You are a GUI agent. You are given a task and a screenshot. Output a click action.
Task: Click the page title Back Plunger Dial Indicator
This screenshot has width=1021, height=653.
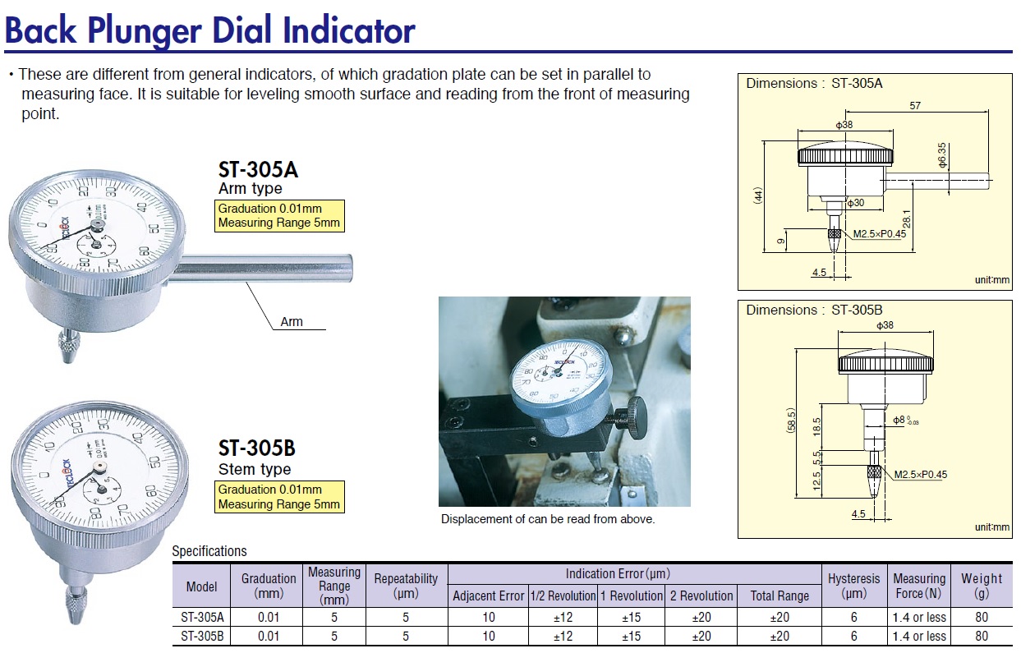tap(210, 30)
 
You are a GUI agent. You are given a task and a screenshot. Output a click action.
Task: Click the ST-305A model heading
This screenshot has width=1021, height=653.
tap(257, 170)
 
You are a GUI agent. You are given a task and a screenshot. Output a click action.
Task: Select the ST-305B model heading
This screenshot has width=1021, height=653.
tap(256, 448)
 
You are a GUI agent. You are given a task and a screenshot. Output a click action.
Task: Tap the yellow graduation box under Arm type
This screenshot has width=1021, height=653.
tap(279, 216)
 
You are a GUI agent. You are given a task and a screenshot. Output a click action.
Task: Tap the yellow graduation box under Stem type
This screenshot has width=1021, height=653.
tap(279, 497)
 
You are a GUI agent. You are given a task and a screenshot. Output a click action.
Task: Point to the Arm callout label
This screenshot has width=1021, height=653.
tap(292, 322)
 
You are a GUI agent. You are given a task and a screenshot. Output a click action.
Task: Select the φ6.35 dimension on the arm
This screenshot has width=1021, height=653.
tap(943, 155)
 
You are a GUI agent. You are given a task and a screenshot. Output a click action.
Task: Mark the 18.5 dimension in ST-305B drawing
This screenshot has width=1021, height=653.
tap(816, 427)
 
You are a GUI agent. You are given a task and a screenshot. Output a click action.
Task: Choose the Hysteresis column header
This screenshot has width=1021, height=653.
tap(853, 586)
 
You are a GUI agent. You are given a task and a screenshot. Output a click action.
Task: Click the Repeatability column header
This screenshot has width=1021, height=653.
tap(406, 586)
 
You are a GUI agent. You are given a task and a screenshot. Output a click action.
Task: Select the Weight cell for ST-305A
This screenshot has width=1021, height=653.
tap(981, 617)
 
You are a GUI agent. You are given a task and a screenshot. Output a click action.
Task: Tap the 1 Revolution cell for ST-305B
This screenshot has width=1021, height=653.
tap(631, 636)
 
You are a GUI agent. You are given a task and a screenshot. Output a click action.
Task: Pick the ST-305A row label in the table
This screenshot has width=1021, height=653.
tap(202, 617)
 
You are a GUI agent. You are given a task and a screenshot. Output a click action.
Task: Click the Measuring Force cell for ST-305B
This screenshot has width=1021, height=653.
tap(918, 636)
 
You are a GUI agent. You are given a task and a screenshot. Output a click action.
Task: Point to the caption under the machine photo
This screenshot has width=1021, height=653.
tap(548, 519)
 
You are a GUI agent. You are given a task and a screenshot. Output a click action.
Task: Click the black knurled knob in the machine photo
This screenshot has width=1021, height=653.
tap(635, 416)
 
